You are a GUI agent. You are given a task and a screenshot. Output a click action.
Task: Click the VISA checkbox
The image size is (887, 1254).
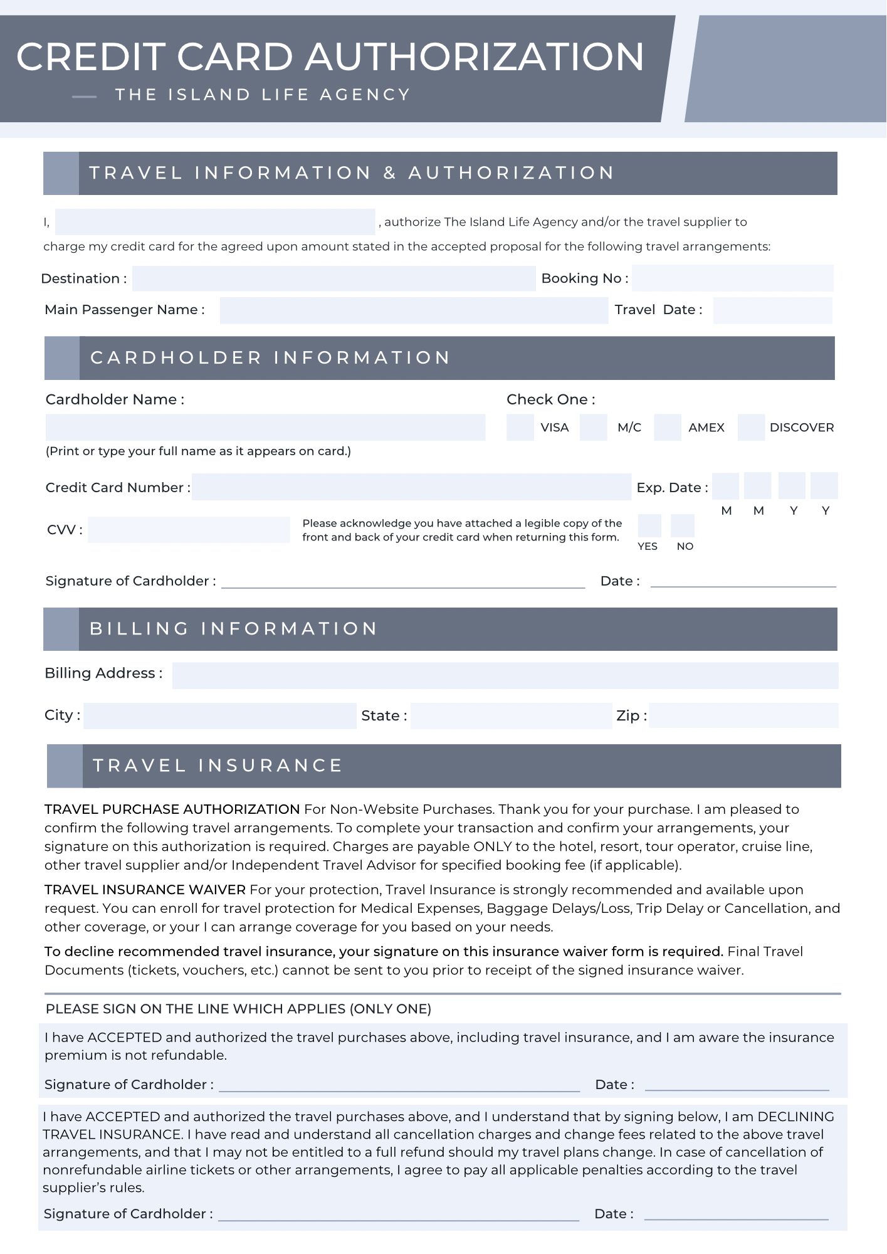[520, 427]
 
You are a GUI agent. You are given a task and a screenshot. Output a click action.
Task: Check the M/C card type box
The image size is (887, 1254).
[593, 427]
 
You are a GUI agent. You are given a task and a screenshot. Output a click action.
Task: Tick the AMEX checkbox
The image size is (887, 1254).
[667, 427]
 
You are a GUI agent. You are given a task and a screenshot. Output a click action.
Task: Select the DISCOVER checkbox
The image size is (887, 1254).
[751, 427]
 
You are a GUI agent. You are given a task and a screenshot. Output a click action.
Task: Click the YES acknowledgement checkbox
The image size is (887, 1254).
[649, 525]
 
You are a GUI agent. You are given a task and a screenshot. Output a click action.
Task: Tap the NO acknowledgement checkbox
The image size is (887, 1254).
[682, 525]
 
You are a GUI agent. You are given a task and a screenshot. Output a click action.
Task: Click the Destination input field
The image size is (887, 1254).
[333, 278]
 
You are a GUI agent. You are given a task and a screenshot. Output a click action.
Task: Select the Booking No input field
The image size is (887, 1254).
[732, 278]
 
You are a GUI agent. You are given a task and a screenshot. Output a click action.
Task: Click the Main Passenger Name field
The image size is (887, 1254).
[414, 310]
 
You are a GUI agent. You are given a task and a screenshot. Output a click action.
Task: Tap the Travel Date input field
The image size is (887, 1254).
[772, 310]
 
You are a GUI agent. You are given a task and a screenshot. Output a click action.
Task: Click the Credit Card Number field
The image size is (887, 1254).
[411, 487]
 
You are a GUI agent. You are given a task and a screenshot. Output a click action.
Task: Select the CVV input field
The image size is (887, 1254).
[189, 530]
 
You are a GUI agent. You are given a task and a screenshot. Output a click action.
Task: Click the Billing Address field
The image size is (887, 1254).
[505, 675]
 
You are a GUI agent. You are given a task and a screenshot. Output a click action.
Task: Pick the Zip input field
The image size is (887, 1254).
[743, 715]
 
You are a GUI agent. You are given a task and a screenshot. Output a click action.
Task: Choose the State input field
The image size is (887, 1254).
[511, 715]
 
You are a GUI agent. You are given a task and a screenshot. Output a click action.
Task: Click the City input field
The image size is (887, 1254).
[219, 715]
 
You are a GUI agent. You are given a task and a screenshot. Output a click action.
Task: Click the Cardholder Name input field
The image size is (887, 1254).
[265, 427]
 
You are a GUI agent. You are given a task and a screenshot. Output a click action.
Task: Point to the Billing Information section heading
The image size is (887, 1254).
[233, 629]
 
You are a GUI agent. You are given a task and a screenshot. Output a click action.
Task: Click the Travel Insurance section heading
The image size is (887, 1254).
[218, 766]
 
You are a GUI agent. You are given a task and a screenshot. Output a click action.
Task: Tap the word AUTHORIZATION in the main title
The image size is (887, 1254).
[475, 56]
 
